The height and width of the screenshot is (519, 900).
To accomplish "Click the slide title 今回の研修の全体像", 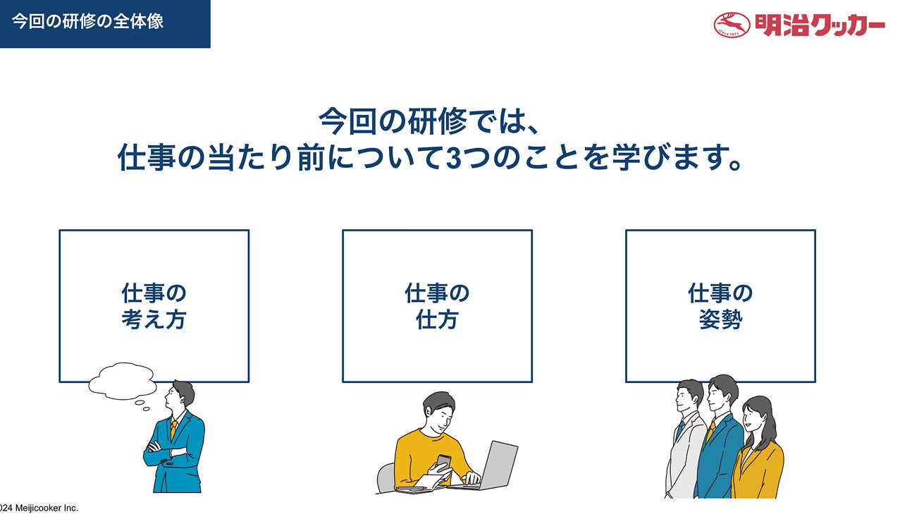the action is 87,21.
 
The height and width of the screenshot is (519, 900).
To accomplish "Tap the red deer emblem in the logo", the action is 732,25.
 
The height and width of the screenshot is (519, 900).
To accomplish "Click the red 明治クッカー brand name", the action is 820,25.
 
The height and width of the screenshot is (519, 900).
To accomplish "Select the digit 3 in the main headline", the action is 454,158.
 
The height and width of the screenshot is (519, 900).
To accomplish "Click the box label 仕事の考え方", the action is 154,306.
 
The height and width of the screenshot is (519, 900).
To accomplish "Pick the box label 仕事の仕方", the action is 437,306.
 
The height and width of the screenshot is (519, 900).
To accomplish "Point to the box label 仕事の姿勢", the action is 720,306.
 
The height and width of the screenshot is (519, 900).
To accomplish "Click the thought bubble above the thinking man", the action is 122,381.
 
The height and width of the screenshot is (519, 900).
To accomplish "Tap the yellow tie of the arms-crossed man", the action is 173,430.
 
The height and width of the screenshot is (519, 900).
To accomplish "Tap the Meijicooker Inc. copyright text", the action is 39,508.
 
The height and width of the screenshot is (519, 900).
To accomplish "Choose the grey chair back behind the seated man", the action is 386,477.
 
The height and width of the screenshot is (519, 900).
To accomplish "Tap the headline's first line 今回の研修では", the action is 429,121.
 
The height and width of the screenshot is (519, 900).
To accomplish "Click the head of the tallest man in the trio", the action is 722,393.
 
